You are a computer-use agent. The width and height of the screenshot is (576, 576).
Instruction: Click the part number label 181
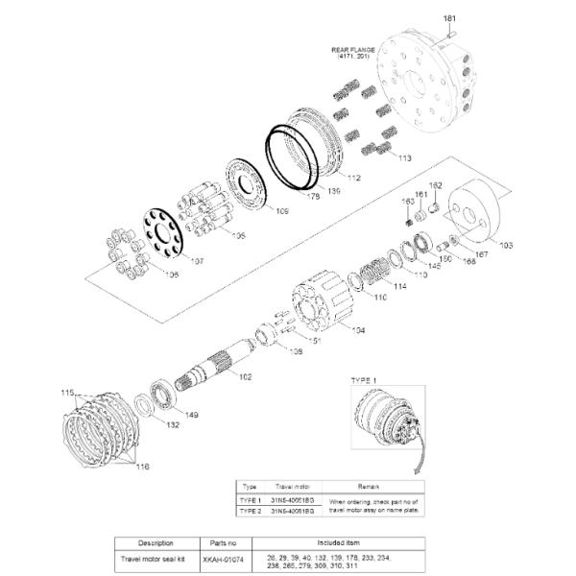(450, 19)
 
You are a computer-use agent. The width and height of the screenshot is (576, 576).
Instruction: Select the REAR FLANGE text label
(352, 50)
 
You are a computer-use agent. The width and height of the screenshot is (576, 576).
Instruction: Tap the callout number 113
(404, 157)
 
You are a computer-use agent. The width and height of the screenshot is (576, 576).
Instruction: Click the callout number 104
(357, 329)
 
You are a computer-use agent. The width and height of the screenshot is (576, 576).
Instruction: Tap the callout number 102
(245, 376)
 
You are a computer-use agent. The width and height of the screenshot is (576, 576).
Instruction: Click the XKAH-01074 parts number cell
(222, 557)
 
